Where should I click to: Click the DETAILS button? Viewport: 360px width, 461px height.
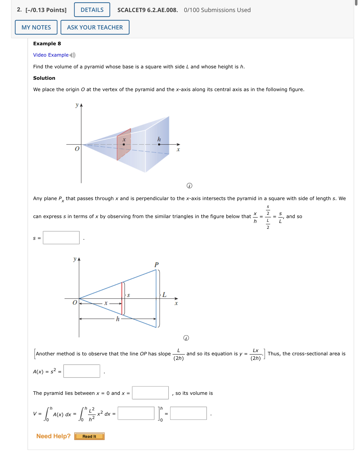coord(92,10)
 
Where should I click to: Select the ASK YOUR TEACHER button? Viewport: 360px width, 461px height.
coord(95,27)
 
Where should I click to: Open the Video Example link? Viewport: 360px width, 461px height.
coord(51,55)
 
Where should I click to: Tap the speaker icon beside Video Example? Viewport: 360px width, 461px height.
coord(73,55)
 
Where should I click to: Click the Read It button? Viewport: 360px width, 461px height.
coord(89,436)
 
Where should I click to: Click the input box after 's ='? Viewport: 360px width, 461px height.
coord(61,238)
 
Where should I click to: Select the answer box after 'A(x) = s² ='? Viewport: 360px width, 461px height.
coord(82,371)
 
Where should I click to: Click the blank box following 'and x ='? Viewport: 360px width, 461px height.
coord(150,393)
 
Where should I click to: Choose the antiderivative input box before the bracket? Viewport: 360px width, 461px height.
coord(136,413)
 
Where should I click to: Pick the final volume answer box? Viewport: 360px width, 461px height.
coord(188,413)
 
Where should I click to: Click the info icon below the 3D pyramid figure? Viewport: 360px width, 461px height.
coord(190,186)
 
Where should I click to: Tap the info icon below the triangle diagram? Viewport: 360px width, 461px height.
coord(186,338)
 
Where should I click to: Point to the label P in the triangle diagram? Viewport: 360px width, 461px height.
coord(156,265)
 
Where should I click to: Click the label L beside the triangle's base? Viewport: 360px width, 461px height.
coord(164,295)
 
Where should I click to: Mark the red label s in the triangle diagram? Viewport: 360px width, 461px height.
coord(128,295)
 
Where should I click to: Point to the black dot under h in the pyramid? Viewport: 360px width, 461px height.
coord(159,145)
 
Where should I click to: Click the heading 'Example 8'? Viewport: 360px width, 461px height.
coord(47,43)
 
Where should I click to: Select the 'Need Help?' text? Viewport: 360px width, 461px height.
coord(53,436)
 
